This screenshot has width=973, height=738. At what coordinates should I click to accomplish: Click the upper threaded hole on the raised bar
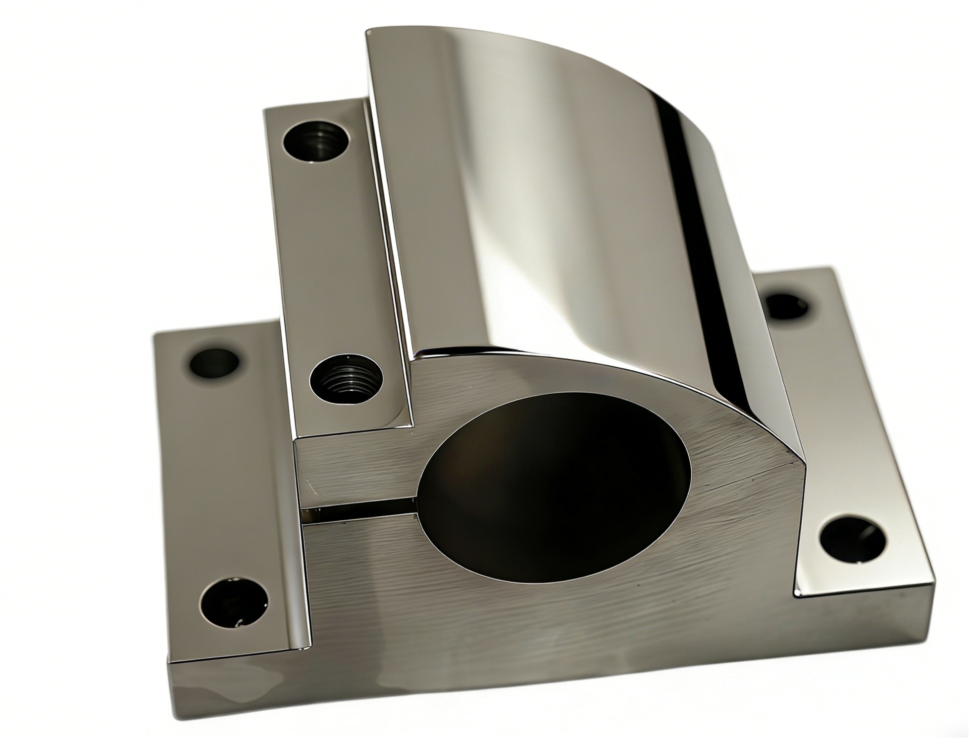coord(315,141)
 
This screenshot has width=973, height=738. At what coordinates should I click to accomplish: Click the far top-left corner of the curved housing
coord(367,31)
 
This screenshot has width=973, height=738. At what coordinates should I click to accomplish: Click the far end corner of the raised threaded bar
coord(265,108)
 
